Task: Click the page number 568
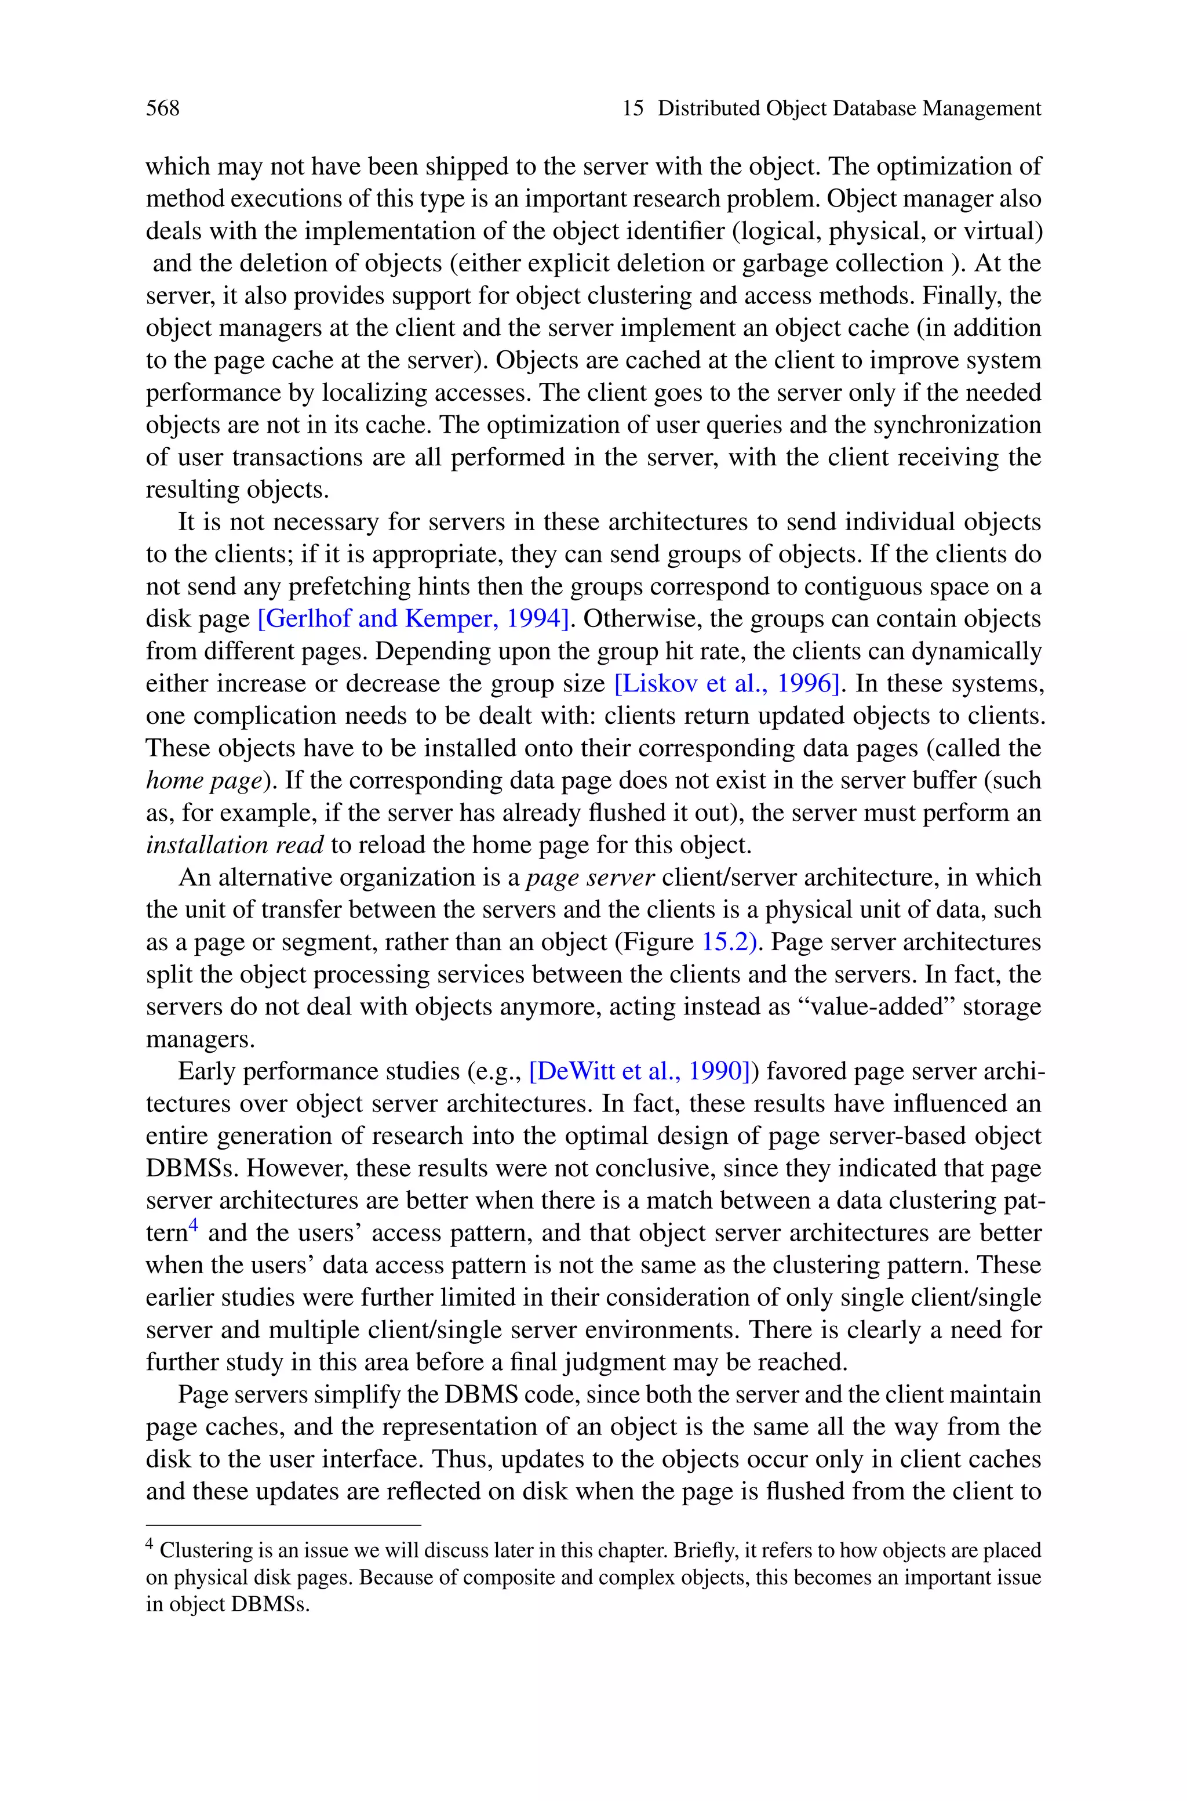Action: [163, 108]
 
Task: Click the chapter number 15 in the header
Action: [633, 108]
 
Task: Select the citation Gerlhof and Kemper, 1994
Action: [413, 619]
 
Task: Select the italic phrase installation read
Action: [235, 845]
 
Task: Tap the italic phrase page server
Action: [591, 877]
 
